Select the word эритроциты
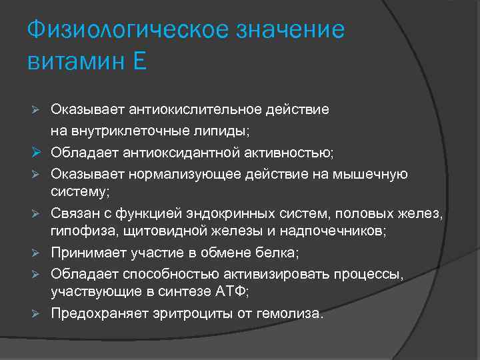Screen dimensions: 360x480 click(189, 313)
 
